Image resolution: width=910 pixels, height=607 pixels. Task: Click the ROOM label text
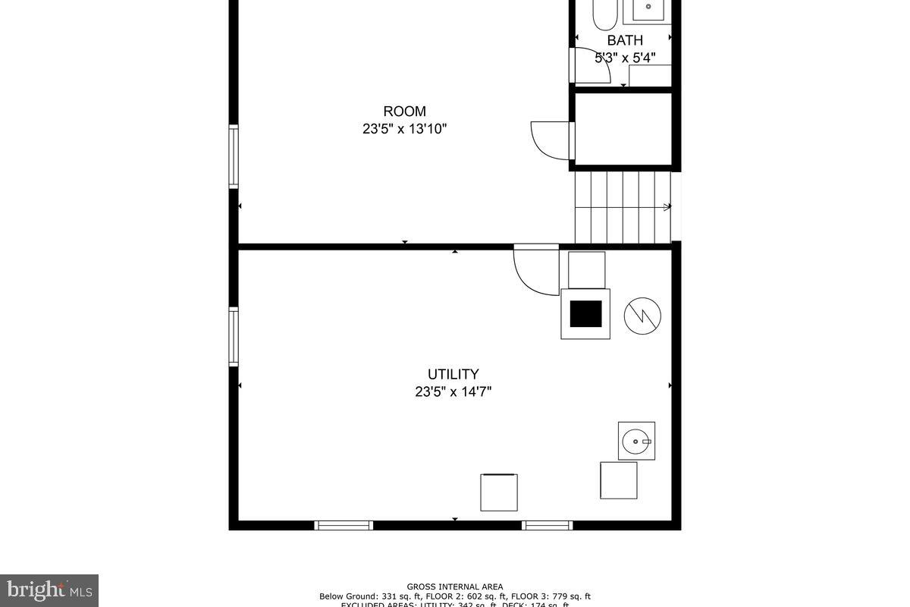coord(404,112)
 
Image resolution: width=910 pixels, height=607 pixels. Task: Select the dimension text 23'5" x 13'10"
coord(404,129)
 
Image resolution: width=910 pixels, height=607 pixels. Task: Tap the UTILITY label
coord(453,374)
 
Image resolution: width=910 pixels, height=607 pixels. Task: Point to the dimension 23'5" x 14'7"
coord(453,392)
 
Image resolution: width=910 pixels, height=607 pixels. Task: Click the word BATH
coord(625,41)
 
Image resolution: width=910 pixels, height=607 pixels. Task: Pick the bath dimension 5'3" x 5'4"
coord(625,58)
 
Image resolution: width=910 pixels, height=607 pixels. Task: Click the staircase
coord(623,207)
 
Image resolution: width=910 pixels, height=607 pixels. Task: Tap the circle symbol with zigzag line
coord(642,315)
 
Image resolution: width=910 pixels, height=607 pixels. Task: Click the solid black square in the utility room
coord(585,313)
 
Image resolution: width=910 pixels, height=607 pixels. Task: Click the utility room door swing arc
coord(535,272)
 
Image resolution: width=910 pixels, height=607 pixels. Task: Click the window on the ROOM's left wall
coord(234,156)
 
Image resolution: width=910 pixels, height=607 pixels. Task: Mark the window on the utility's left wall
coord(234,337)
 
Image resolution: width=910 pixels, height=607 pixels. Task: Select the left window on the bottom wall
coord(344,525)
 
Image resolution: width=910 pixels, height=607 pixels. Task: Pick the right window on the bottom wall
coord(547,525)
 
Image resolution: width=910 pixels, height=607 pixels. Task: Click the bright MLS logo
coord(49,590)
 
